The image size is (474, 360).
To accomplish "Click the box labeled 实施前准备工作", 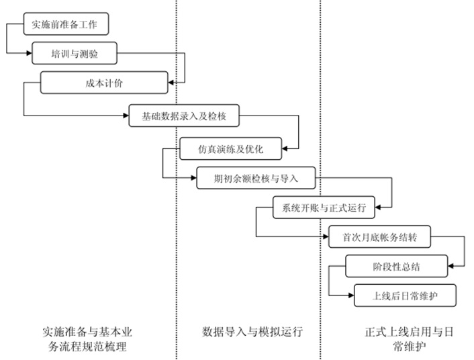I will click(65, 26).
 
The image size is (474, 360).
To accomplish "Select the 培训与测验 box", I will click(75, 52).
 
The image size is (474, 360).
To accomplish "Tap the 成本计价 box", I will click(103, 83).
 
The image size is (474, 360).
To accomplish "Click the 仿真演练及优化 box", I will click(230, 148).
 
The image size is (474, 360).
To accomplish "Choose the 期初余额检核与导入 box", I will click(255, 178).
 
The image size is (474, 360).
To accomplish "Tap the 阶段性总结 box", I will click(396, 267).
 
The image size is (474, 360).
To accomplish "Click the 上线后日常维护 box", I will click(405, 296).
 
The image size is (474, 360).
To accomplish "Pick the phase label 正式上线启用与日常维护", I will click(400, 339).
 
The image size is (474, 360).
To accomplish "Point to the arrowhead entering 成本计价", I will click(171, 83).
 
